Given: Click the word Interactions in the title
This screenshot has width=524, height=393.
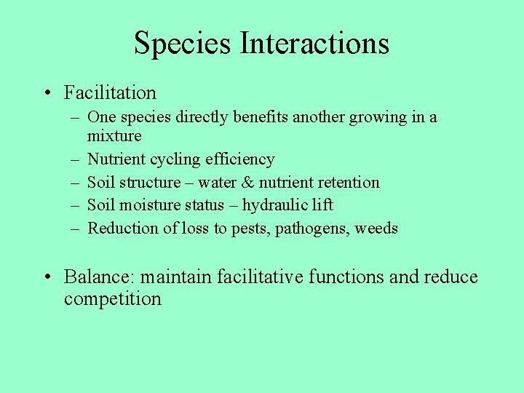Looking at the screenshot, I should [314, 43].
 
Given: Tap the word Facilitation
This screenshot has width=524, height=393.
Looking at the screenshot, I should [110, 93].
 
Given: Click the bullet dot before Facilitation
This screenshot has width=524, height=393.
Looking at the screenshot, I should [47, 93].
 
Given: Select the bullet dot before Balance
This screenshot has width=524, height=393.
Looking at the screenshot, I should [47, 277].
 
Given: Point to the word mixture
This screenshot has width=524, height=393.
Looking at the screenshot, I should [114, 136].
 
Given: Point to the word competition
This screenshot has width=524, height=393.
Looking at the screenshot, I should [112, 299].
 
